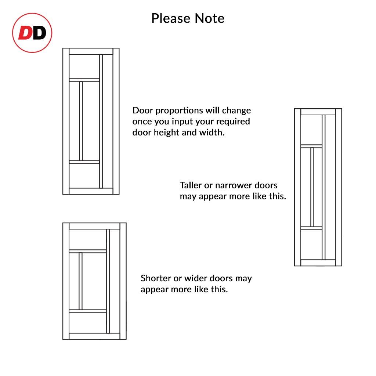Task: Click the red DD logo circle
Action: tap(32, 33)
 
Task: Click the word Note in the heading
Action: tap(210, 18)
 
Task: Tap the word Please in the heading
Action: tap(171, 18)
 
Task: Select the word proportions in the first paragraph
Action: tap(179, 111)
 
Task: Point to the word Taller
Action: tap(191, 185)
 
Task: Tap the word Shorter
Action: tap(156, 278)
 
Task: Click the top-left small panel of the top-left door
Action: tap(84, 67)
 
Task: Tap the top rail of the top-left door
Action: tap(91, 51)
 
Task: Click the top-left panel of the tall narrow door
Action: tap(311, 130)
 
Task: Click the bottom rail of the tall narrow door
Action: tap(318, 263)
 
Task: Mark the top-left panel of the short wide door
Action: tap(88, 239)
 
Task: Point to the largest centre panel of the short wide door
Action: tap(94, 281)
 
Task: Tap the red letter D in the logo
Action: tap(25, 33)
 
